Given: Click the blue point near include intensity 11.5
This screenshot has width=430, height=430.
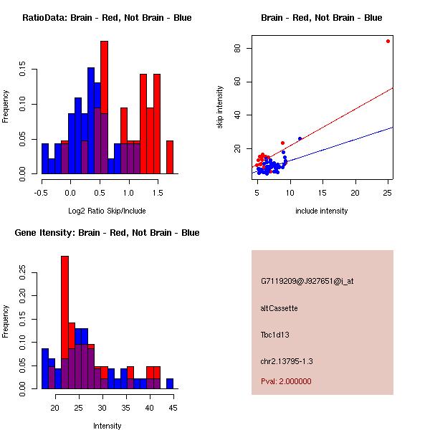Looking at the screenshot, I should [x=300, y=138].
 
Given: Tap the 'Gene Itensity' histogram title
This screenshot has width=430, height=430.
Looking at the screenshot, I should [x=107, y=233].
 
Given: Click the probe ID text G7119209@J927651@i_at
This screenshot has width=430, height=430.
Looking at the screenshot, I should [x=307, y=281].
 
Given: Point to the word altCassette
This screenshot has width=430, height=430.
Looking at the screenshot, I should [x=279, y=308].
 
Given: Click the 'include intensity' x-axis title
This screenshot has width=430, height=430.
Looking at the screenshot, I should [x=322, y=211].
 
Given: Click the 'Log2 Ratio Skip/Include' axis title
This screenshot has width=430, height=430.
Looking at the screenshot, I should [x=107, y=211].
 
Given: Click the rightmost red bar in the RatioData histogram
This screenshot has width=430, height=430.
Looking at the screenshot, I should [x=170, y=157].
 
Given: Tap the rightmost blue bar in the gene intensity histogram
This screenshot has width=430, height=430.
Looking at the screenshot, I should [x=170, y=383].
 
